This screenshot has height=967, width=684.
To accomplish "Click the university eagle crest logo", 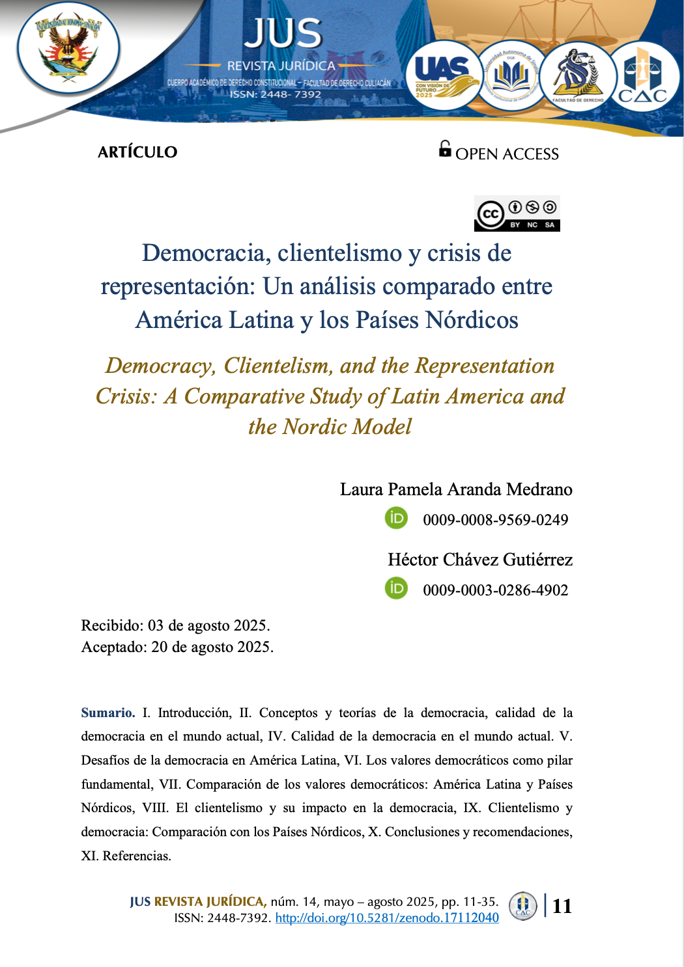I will coord(68,49).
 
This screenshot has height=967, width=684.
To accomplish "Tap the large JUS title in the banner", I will coord(283,33).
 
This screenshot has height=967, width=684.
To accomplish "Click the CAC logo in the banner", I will coord(642,77).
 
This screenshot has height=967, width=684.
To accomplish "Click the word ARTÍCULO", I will coord(137,152).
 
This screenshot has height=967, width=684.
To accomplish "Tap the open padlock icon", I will coord(445,149).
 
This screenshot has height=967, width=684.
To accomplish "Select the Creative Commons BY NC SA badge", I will coord(517,214).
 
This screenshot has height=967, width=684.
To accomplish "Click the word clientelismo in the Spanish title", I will coord(339,253).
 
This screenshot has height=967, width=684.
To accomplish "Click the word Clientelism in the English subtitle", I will coord(278,366).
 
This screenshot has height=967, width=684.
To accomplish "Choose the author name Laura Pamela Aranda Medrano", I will coord(456,489).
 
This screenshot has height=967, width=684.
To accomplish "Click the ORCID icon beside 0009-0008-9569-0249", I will coord(396,519).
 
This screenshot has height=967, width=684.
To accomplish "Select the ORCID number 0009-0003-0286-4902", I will coord(495,590).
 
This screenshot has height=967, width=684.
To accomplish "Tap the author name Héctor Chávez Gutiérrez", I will coord(480,560).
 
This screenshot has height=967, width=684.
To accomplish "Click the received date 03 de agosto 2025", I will coord(208,625).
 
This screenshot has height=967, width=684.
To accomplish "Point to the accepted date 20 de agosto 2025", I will coord(212,647).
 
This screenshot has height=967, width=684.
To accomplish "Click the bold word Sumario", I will coord(107,713).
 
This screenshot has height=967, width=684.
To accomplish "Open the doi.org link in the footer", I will coord(387,918).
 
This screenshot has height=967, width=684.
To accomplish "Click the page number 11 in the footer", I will coord(562,906).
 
